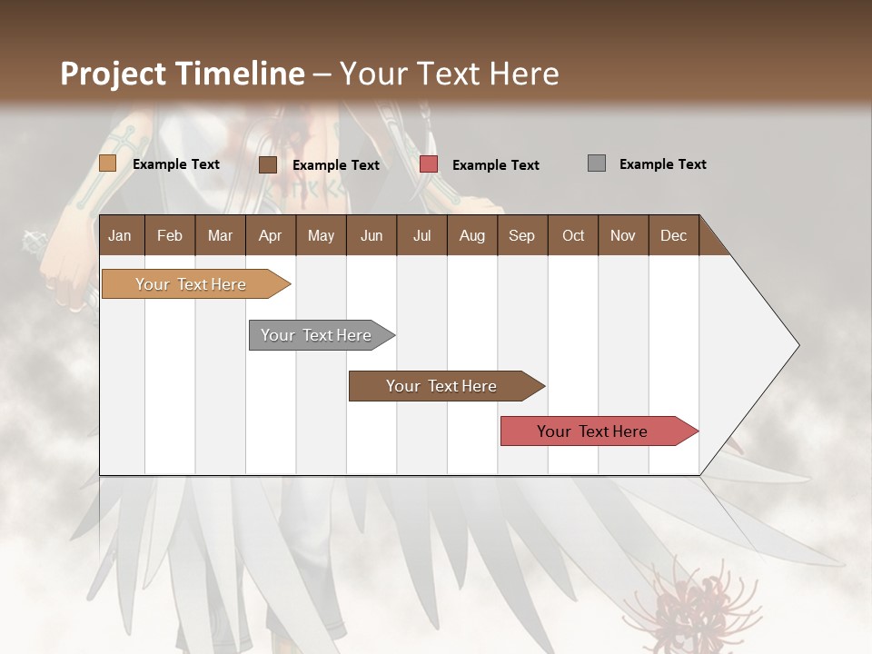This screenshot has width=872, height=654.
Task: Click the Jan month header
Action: [120, 235]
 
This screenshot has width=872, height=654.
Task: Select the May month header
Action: [321, 235]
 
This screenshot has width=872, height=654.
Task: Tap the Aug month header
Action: [471, 235]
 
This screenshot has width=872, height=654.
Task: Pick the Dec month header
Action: [673, 235]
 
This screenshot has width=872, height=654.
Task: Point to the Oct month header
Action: [573, 235]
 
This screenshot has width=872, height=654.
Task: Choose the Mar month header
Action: [220, 235]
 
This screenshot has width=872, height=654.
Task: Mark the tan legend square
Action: [107, 163]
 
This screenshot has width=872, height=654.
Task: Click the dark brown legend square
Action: [268, 164]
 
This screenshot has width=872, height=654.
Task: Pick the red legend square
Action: [429, 164]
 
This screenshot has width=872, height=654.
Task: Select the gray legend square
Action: [597, 163]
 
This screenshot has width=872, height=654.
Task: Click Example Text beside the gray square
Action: [662, 164]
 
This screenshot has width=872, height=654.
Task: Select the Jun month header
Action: [372, 235]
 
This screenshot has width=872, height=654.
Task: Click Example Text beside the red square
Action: [495, 165]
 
